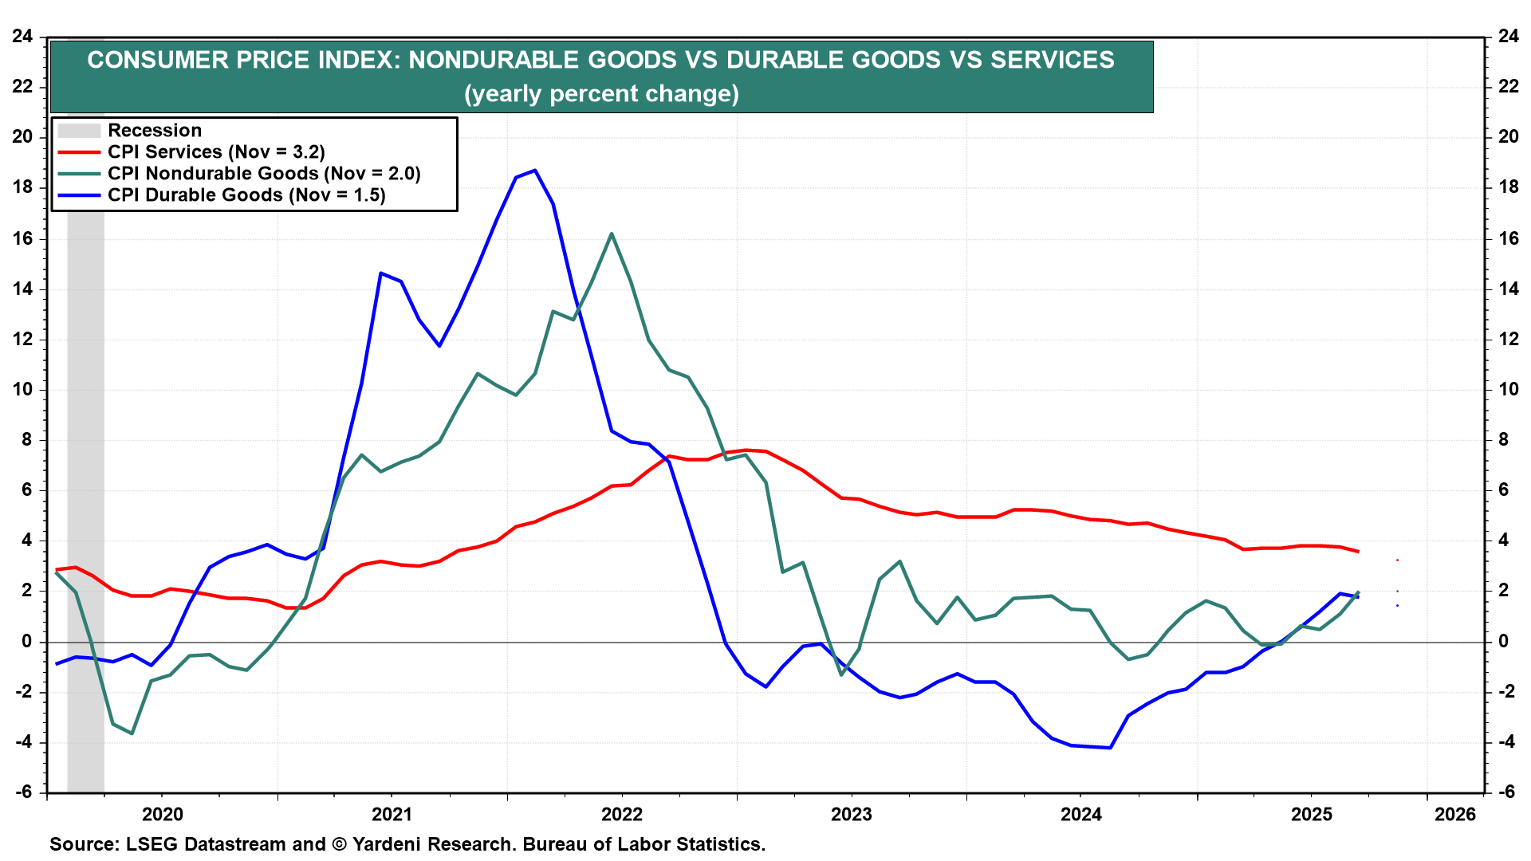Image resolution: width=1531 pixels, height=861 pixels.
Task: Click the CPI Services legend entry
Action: tap(216, 152)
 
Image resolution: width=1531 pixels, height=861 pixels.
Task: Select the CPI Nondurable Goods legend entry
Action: tap(264, 174)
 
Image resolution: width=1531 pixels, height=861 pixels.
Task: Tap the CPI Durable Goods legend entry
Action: tap(246, 195)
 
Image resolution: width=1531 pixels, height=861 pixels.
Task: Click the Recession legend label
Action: tap(155, 131)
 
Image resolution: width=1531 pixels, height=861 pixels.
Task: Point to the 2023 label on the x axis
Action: tap(851, 814)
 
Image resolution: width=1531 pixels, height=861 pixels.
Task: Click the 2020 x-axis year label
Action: tap(162, 814)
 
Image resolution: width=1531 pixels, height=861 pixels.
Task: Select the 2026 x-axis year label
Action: tap(1454, 814)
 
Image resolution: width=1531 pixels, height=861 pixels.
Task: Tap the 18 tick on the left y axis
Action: tap(22, 187)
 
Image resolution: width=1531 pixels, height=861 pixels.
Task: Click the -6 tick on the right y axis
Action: tap(1506, 792)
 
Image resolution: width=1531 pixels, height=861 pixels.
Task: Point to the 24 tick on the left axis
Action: tap(22, 36)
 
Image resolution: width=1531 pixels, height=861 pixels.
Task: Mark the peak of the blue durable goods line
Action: tap(535, 170)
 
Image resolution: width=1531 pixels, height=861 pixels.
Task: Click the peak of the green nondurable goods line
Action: tap(611, 234)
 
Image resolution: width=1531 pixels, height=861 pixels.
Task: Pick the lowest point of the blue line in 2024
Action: tap(1110, 747)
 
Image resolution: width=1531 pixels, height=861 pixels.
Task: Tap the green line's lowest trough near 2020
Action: tap(132, 733)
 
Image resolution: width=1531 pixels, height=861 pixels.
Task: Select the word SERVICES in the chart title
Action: tap(1053, 60)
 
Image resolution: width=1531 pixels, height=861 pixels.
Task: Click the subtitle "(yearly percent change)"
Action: tap(601, 94)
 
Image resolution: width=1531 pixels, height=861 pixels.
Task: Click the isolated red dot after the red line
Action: tap(1397, 560)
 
